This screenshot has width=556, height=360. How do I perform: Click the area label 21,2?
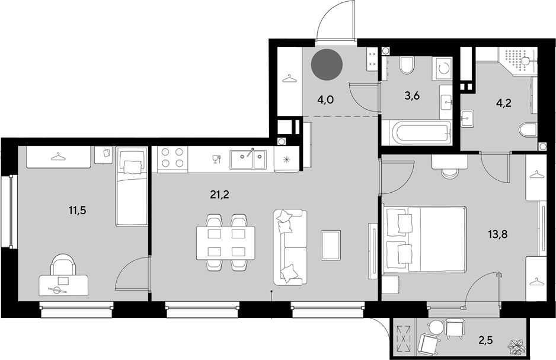220,195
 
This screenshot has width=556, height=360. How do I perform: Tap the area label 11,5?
78,211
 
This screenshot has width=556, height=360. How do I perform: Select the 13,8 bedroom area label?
497,234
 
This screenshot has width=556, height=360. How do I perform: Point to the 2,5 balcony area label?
486,341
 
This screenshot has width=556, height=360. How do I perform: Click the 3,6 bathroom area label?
412,95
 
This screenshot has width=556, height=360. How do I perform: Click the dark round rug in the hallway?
327,65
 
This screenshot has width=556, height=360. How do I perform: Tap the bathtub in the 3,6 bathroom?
416,133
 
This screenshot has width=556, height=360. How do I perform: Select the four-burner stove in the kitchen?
170,158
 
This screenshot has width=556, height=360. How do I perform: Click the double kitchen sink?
248,160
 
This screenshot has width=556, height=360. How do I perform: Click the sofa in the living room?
290,247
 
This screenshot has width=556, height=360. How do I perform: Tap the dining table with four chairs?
226,243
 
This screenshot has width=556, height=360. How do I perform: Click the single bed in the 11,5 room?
132,187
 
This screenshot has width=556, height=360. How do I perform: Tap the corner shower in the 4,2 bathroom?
517,61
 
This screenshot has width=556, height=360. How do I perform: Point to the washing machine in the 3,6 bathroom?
442,68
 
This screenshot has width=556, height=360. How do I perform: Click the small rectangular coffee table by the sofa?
331,245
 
